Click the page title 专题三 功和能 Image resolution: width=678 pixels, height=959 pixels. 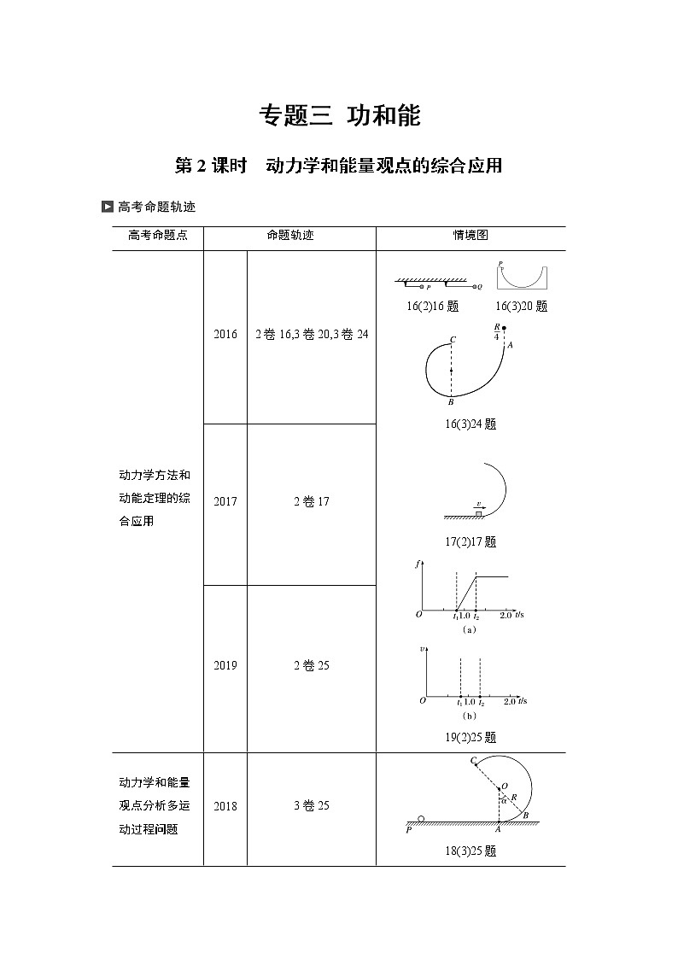tap(339, 116)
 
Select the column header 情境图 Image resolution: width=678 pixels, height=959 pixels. tap(471, 236)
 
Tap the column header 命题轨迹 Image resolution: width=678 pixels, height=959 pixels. tap(289, 236)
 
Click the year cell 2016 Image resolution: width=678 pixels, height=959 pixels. tap(225, 336)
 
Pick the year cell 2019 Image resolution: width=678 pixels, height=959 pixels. tap(225, 666)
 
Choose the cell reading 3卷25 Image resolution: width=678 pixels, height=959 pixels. tap(311, 806)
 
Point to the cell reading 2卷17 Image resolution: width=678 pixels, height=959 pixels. tap(311, 502)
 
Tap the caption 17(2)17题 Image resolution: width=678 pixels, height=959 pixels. tap(471, 541)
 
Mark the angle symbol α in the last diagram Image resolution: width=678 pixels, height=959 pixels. tap(505, 801)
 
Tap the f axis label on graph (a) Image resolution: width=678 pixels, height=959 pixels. tap(417, 563)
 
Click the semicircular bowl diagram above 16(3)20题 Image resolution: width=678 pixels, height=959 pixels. tap(522, 275)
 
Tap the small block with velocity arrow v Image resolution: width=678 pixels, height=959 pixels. tap(479, 513)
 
